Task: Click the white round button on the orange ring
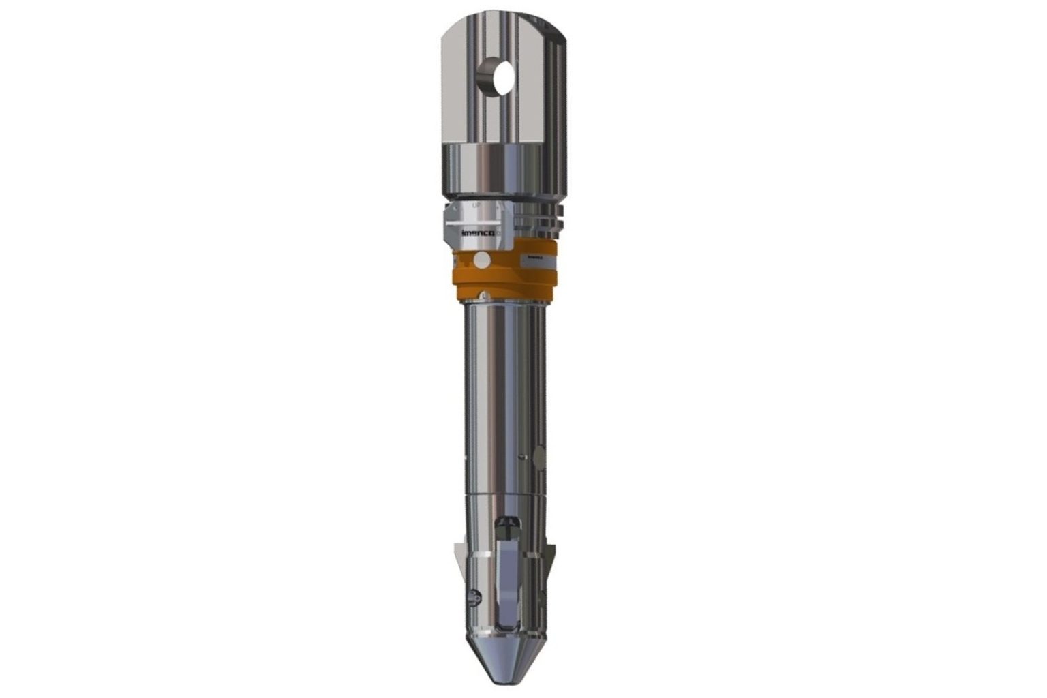(x=482, y=259)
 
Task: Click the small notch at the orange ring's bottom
(x=483, y=296)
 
